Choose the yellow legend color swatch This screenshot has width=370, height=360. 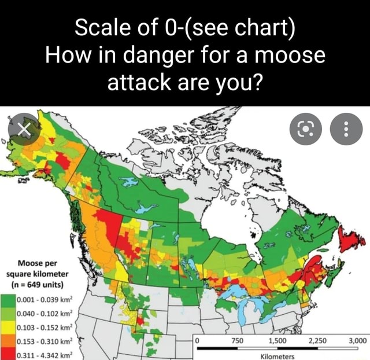coord(8,328)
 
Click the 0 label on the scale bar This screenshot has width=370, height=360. coord(198,341)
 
